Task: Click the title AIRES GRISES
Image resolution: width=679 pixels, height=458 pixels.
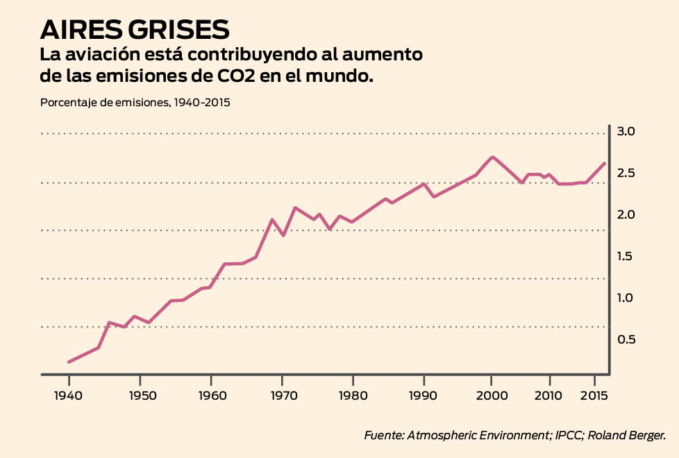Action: [135, 29]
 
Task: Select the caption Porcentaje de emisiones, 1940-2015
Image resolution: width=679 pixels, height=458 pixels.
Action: [135, 103]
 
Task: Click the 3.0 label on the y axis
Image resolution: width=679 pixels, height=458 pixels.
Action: [627, 132]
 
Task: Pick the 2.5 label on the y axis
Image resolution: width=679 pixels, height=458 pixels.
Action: [627, 173]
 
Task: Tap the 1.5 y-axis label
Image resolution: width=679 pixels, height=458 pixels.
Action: [627, 257]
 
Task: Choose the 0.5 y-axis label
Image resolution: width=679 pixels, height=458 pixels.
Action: [627, 339]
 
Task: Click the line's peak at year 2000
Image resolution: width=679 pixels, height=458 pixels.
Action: [492, 157]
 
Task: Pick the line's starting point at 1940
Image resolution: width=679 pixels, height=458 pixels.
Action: [69, 362]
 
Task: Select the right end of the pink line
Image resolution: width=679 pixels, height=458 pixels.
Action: [605, 163]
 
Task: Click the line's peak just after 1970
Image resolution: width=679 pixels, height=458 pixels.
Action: [295, 207]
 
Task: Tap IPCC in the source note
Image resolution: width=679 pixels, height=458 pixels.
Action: [569, 436]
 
